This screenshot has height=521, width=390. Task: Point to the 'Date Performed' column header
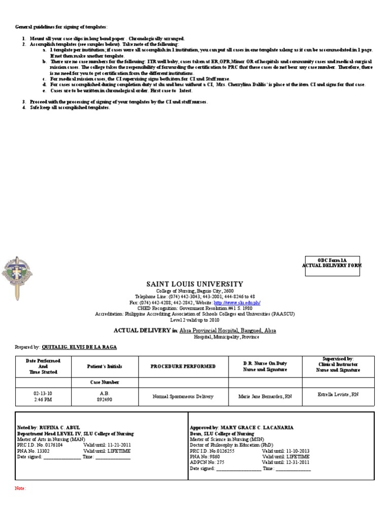click(43, 366)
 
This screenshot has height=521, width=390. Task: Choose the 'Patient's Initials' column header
click(105, 366)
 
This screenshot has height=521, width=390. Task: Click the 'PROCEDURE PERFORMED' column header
click(183, 366)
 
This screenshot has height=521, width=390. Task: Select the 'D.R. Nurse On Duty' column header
click(265, 366)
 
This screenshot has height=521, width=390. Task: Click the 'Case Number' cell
click(105, 382)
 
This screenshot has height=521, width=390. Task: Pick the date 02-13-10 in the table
click(43, 393)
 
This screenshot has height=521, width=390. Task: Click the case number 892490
click(105, 399)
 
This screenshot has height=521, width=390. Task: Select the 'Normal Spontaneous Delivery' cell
click(183, 396)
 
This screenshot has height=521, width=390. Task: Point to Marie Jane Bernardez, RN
click(265, 396)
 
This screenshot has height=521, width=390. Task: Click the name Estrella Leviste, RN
click(338, 394)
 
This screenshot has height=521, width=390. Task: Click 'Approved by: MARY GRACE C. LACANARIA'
click(241, 428)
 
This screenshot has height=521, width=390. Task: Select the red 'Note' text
click(20, 488)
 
